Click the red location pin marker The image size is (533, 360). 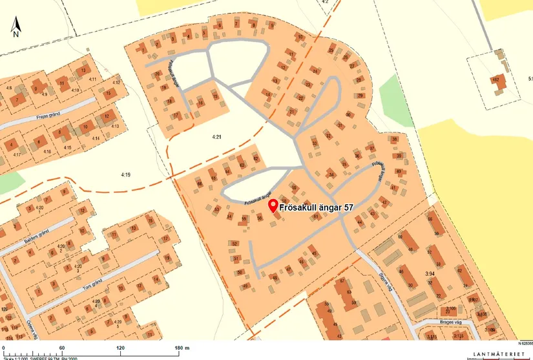[x=273, y=206]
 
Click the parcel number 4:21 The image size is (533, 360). [x=217, y=137]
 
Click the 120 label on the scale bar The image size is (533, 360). [x=120, y=348]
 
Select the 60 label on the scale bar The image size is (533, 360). [x=62, y=348]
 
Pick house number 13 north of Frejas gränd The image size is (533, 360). [x=82, y=69]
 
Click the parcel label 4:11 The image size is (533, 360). [x=92, y=79]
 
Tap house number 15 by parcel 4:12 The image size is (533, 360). [x=109, y=93]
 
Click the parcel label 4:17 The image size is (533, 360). [x=17, y=154]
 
